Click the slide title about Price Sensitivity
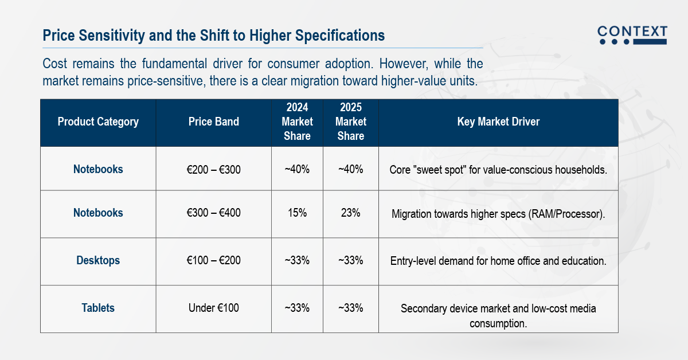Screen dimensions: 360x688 coord(214,36)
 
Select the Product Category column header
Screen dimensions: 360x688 coord(98,122)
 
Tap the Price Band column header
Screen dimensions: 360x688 coord(213,122)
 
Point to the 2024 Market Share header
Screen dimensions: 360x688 coord(297,122)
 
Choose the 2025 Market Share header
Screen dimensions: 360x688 coord(350,122)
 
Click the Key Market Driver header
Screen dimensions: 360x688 coord(498,122)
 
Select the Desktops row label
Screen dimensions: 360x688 coord(98,260)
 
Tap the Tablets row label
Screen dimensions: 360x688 coord(98,308)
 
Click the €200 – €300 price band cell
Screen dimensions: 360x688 coord(213,170)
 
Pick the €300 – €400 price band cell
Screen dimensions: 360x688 coord(213,213)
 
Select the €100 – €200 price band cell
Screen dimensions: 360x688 coord(213,260)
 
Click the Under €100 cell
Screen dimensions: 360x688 coord(213,308)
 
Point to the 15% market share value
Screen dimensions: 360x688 coord(297,213)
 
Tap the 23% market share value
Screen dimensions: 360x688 coord(350,213)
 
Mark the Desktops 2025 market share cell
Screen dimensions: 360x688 coord(350,260)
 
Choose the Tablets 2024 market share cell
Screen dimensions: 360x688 coord(297,308)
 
